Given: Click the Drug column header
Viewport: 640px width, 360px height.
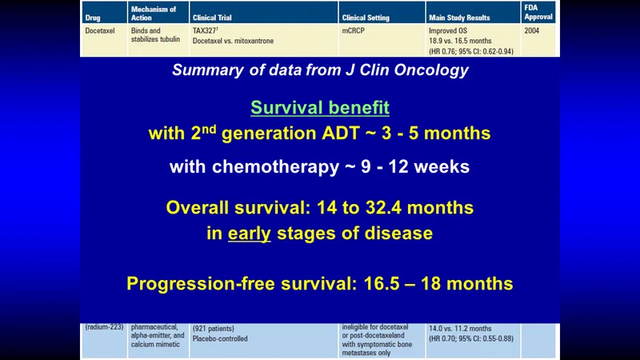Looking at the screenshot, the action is [93, 18].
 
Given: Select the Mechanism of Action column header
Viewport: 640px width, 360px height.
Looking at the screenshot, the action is [154, 14].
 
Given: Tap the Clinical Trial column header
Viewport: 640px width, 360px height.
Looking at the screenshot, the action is [212, 18].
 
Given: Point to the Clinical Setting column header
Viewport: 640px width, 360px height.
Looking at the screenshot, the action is [366, 18].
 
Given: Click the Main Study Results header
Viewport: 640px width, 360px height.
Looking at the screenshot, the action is [459, 18].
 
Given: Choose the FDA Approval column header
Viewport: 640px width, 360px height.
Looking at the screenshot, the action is [538, 12].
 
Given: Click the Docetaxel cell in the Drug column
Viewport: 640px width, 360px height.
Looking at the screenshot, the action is [100, 30].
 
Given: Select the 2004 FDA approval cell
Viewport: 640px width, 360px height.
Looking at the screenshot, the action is [532, 30].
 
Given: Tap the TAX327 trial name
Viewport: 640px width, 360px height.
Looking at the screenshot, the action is [206, 30].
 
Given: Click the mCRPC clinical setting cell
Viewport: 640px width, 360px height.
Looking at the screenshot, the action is [353, 30].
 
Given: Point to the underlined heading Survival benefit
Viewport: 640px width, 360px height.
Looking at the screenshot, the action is [320, 107].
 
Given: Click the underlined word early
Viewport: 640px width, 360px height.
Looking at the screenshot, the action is [250, 234].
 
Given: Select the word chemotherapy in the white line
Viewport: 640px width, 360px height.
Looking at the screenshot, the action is [275, 167].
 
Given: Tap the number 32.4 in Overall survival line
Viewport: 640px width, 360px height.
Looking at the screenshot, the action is [383, 208].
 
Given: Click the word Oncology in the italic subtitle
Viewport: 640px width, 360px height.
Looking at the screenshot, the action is [431, 70].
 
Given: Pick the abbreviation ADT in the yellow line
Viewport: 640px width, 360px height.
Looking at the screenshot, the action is [341, 134].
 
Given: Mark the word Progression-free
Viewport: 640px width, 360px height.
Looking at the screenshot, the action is [201, 284].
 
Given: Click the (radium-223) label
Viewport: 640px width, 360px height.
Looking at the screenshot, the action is [104, 327].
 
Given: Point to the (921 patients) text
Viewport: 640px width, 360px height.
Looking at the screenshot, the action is [213, 329].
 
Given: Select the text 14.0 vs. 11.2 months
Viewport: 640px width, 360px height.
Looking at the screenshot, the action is [460, 329].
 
